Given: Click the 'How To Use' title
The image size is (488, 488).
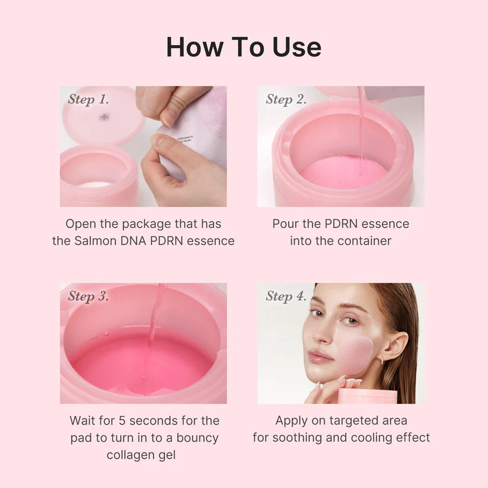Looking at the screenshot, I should point(244,47).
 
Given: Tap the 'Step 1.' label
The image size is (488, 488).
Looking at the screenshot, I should point(88,99).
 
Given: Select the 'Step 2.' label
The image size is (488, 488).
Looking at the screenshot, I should point(286,99).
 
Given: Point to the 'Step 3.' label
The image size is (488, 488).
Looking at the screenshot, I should point(88,296).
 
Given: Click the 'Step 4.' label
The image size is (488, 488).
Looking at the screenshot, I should point(286,296).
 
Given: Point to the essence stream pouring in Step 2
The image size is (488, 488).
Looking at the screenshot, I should point(361,127).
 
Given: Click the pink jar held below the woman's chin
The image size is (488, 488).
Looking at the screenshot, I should point(367,396).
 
